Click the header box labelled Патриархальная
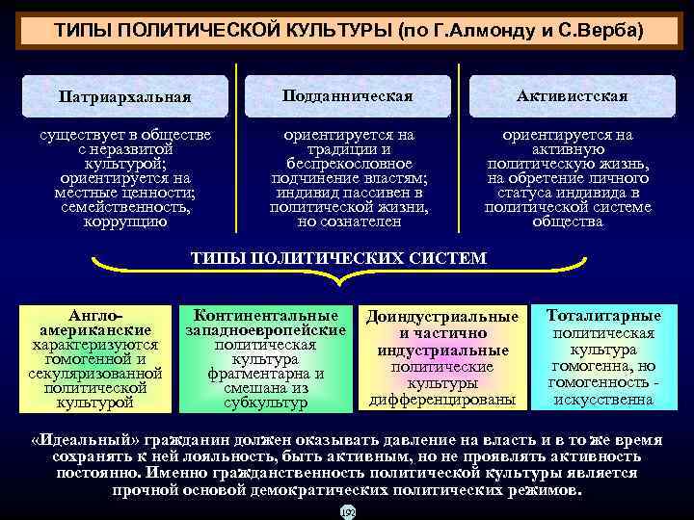125,96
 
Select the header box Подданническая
347,95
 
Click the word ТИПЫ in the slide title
83,32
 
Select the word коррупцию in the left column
125,221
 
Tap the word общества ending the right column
568,221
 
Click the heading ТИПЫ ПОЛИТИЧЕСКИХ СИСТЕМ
338,258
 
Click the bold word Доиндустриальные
442,317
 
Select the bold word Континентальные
266,315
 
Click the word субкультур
266,402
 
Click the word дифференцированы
442,399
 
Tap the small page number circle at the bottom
347,512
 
